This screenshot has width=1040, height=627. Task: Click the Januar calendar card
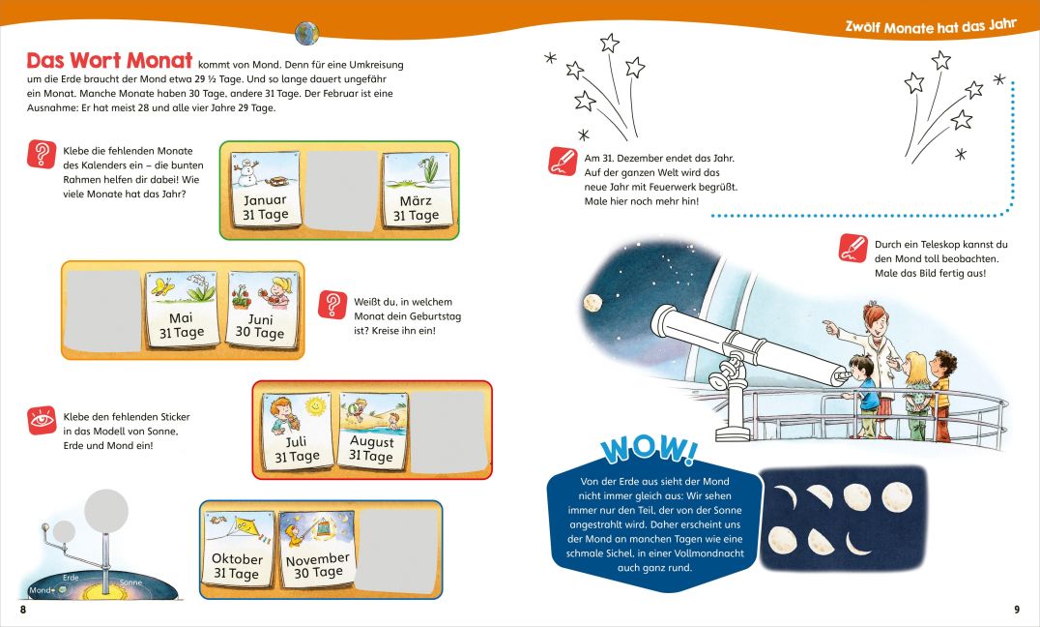[x=265, y=190]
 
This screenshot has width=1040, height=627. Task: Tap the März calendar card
[x=417, y=191]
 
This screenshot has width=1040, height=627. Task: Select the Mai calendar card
[x=182, y=309]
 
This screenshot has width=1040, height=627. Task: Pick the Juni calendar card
[x=262, y=310]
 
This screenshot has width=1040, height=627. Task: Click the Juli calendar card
[x=298, y=432]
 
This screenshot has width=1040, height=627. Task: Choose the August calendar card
[x=373, y=432]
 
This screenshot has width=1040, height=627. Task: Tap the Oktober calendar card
[x=238, y=550]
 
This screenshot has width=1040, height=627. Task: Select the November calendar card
[x=317, y=549]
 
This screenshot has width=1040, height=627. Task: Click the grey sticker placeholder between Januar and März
[x=342, y=191]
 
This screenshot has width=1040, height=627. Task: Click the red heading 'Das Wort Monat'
[x=109, y=60]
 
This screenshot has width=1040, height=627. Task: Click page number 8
[x=23, y=609]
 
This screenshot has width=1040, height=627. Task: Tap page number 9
[x=1017, y=609]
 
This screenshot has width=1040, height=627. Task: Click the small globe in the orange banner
[x=306, y=33]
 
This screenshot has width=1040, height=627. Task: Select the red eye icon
[x=42, y=421]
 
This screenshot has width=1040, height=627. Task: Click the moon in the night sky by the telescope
[x=592, y=303]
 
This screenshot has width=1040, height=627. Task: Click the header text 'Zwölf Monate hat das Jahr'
[x=931, y=26]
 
